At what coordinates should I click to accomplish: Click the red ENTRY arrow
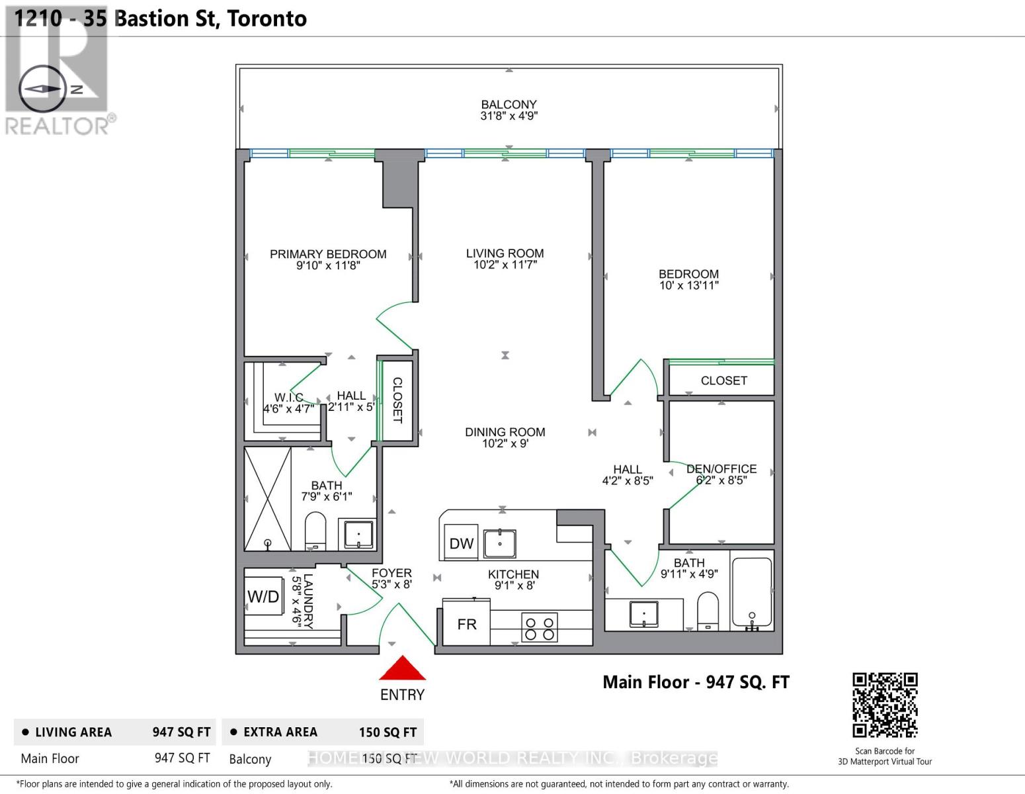[402, 669]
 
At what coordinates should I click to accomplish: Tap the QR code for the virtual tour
[884, 705]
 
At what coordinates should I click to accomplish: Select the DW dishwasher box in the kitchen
[461, 543]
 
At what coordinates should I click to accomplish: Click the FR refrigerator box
[466, 624]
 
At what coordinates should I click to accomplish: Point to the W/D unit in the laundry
[263, 597]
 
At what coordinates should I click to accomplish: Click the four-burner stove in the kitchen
[540, 627]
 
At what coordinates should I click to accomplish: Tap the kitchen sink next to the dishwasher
[499, 544]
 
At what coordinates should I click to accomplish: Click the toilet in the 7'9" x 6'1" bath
[315, 531]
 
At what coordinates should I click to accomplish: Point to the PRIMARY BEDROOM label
[328, 254]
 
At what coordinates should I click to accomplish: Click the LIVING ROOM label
[505, 253]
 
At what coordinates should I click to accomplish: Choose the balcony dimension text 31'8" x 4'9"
[509, 116]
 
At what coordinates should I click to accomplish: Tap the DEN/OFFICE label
[721, 468]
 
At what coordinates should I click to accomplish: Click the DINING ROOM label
[505, 432]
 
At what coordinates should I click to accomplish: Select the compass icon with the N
[43, 89]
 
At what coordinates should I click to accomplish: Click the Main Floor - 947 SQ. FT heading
[696, 682]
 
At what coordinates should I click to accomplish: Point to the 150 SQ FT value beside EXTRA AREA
[388, 732]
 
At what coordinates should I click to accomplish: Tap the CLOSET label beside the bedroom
[723, 380]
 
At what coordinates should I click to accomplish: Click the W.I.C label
[288, 397]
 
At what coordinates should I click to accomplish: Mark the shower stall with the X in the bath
[268, 499]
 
